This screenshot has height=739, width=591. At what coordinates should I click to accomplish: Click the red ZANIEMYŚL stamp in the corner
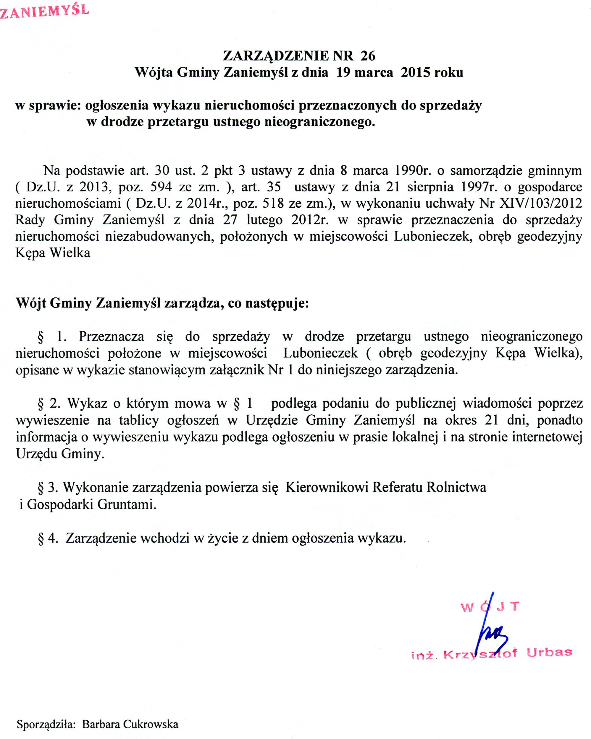pos(45,10)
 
